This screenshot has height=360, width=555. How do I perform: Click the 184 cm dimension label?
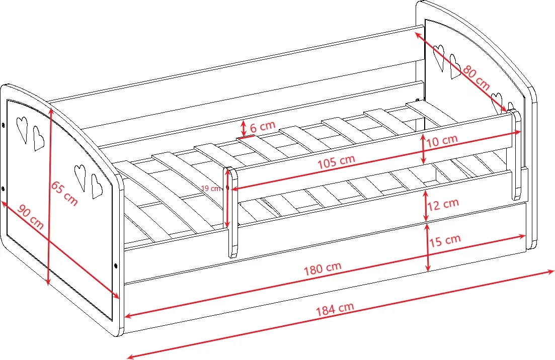tap(335, 309)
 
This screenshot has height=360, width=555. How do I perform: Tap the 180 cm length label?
tap(323, 268)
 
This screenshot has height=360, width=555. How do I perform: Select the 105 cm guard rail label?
tap(336, 161)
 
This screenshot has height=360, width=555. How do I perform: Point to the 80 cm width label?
tap(476, 78)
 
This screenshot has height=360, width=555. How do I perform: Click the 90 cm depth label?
tap(30, 217)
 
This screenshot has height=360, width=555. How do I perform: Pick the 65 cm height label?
tap(64, 194)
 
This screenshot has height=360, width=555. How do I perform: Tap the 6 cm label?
tap(263, 127)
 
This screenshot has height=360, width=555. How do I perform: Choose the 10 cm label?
tap(442, 141)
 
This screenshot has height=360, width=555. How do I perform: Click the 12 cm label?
tap(443, 205)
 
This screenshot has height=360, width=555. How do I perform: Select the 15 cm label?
tap(445, 240)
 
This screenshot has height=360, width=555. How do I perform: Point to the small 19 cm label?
tap(211, 189)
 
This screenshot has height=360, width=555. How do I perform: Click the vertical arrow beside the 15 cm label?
tap(428, 247)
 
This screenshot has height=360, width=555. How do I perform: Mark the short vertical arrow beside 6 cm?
tap(244, 128)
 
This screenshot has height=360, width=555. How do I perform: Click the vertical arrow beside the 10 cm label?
tap(423, 149)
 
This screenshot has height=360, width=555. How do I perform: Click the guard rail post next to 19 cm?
tap(232, 212)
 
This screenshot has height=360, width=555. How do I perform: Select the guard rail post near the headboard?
tap(516, 155)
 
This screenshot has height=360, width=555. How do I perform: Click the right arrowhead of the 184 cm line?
tap(549, 272)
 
